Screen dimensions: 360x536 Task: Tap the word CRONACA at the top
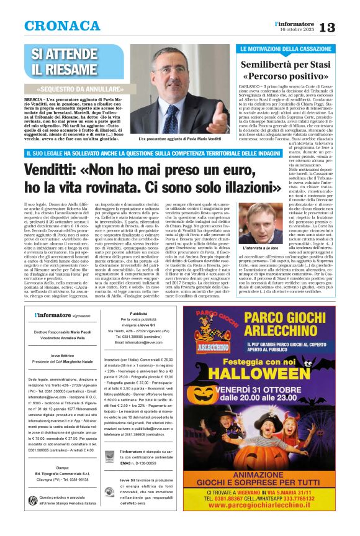55,26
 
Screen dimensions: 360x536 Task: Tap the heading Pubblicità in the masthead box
138,314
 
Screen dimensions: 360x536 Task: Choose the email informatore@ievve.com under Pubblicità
139,342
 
